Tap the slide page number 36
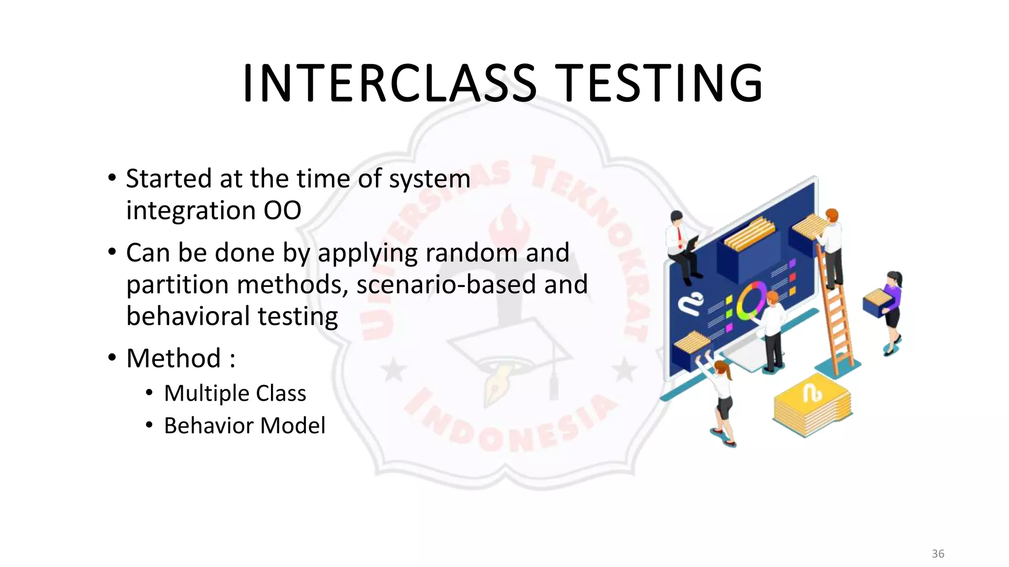tap(938, 554)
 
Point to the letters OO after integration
tap(282, 211)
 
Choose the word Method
tap(173, 358)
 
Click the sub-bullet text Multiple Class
tap(235, 393)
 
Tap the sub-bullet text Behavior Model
tap(244, 426)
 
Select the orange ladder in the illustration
tap(836, 315)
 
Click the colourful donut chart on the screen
tap(749, 301)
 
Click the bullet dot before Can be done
tap(112, 252)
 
